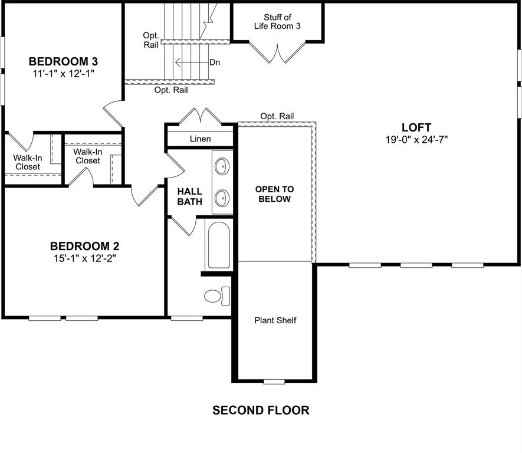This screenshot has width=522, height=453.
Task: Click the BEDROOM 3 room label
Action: pyautogui.click(x=63, y=61)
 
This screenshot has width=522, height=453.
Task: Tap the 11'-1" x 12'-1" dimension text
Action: pyautogui.click(x=63, y=74)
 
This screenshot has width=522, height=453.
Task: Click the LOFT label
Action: pyautogui.click(x=416, y=127)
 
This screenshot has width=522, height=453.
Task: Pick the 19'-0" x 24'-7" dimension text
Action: pyautogui.click(x=416, y=140)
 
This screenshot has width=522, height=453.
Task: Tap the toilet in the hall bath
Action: pyautogui.click(x=216, y=295)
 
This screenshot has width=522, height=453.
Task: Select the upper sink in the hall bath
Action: pyautogui.click(x=222, y=167)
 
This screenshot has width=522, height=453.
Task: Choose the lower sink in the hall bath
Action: pyautogui.click(x=222, y=197)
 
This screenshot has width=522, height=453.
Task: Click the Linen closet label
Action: pyautogui.click(x=201, y=139)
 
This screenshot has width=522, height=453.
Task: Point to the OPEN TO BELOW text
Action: pyautogui.click(x=274, y=194)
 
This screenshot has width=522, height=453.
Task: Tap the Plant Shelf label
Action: pyautogui.click(x=275, y=320)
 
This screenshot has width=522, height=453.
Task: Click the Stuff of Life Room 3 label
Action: pyautogui.click(x=278, y=21)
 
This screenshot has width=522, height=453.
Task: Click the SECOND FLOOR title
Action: pyautogui.click(x=261, y=410)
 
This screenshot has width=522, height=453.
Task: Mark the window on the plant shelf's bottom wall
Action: pyautogui.click(x=274, y=382)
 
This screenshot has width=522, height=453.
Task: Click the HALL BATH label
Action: pyautogui.click(x=190, y=196)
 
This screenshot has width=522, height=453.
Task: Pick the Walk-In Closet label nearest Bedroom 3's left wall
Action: pyautogui.click(x=27, y=162)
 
